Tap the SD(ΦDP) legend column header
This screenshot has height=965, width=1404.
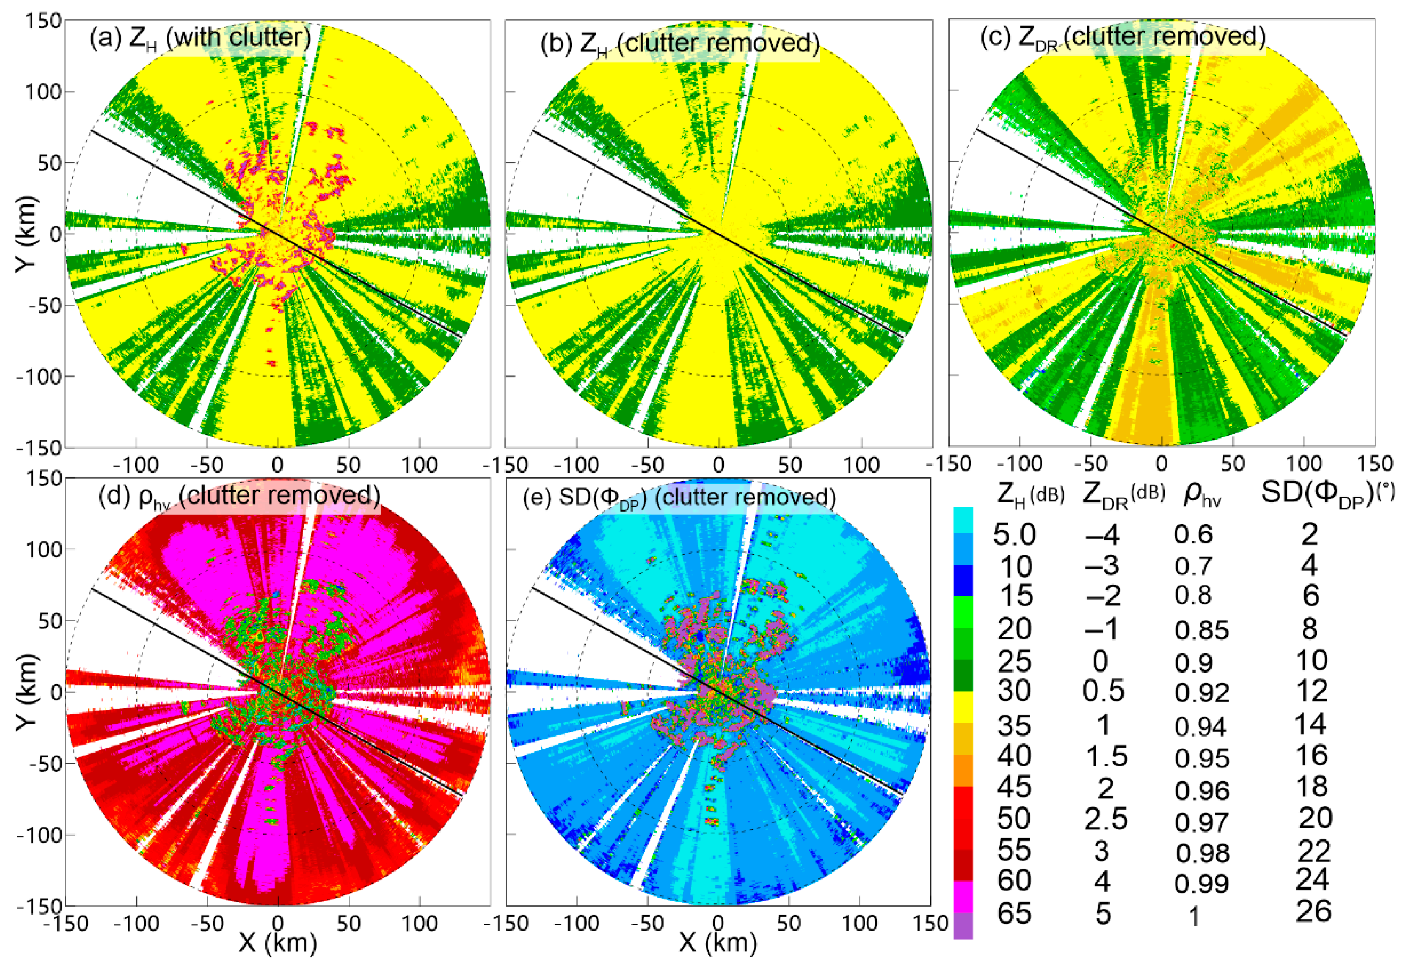coord(1327,493)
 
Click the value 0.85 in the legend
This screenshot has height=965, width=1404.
coord(1202,631)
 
